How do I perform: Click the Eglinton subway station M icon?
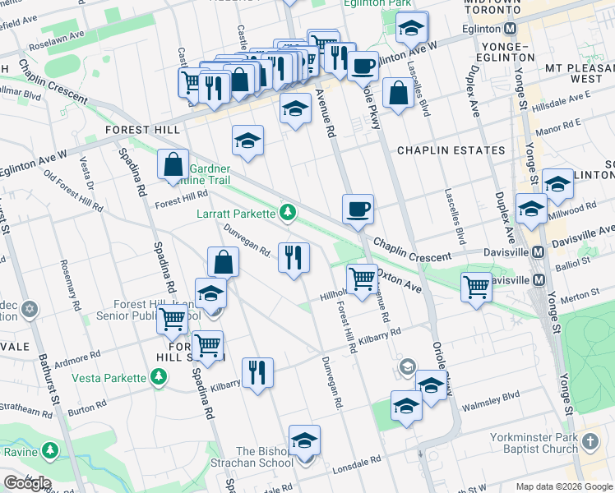[x=511, y=29]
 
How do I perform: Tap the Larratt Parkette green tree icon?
[x=288, y=214]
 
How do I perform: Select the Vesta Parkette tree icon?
[x=158, y=378]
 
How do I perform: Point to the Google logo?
[x=27, y=482]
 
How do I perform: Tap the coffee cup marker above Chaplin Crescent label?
[x=358, y=210]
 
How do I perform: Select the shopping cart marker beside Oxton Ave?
[x=361, y=280]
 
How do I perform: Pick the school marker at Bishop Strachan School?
[x=304, y=441]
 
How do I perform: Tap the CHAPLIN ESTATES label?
[x=451, y=150]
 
